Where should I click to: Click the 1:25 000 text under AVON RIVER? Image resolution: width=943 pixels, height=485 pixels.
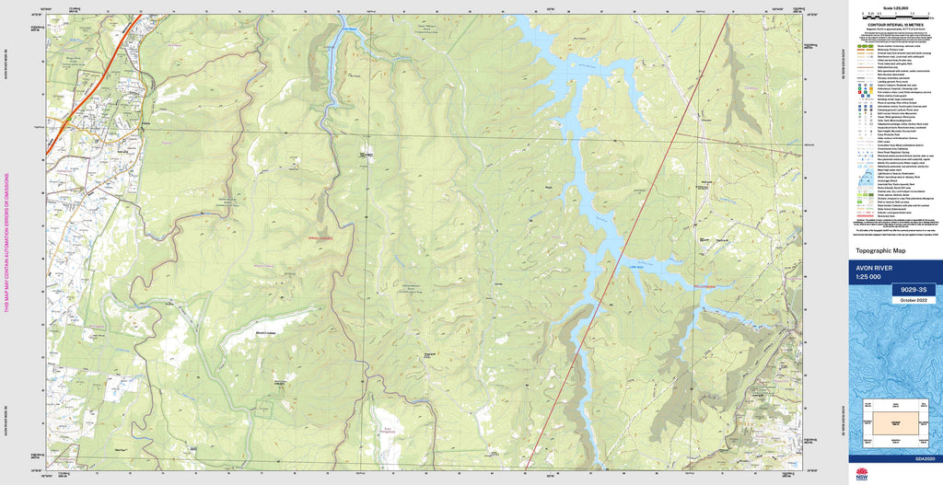click(867, 278)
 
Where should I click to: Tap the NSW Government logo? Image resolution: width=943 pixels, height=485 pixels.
click(862, 474)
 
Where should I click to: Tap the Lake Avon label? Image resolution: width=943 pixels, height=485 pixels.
click(635, 266)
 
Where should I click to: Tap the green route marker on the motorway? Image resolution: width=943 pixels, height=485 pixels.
click(66, 119)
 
